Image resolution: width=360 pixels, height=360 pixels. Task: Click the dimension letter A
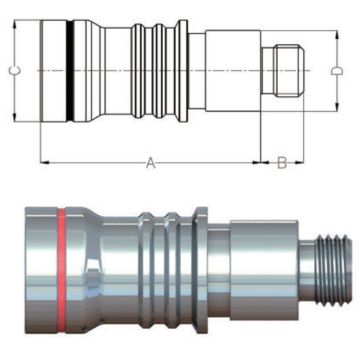click(x=151, y=163)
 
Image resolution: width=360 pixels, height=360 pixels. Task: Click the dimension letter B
click(x=282, y=163)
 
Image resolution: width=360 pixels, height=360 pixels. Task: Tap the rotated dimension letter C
click(x=15, y=71)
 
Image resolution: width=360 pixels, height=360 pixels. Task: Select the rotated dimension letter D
click(x=337, y=71)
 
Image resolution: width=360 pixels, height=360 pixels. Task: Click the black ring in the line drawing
click(x=69, y=71)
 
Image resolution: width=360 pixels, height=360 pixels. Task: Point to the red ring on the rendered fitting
click(x=61, y=271)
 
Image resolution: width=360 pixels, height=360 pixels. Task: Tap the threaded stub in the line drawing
click(x=289, y=71)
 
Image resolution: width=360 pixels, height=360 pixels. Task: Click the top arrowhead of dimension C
click(x=15, y=24)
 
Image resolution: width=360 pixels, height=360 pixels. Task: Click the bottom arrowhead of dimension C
click(x=15, y=117)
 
